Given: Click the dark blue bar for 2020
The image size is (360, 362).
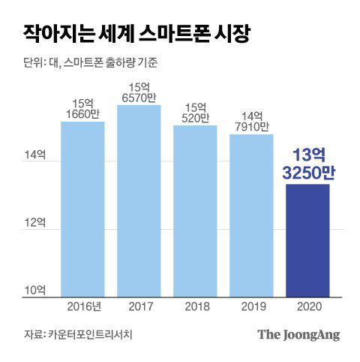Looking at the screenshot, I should tap(307, 240).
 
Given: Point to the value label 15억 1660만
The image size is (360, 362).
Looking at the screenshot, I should tap(82, 108).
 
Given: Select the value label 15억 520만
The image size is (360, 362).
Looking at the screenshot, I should tap(195, 113).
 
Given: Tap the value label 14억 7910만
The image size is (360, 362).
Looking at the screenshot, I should tap(251, 122).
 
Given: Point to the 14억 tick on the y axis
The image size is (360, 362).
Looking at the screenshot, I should tap(35, 156).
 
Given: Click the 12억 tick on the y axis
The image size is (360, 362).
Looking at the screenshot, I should tap(35, 224).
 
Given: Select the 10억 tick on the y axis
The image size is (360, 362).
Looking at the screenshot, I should tap(35, 290).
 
